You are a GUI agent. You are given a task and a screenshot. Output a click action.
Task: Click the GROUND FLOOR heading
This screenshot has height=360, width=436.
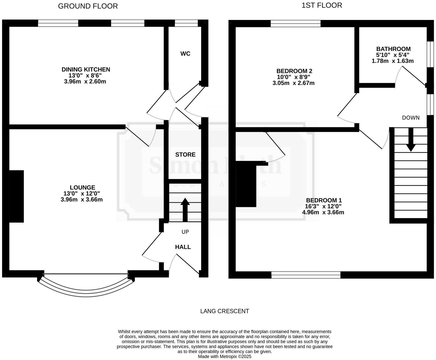click(88, 6)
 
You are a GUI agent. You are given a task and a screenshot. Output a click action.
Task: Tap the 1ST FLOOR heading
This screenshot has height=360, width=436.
click(322, 5)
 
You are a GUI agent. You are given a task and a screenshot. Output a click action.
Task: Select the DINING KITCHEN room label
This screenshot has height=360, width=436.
click(86, 70)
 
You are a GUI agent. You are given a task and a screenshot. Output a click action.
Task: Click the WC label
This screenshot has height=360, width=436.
click(185, 54)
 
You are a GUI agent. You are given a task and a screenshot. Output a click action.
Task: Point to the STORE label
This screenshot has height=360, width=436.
click(185, 155)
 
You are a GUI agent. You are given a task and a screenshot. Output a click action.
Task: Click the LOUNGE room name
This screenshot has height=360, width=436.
click(82, 188)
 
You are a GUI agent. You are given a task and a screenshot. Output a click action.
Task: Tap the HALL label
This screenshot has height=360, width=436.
click(183, 247)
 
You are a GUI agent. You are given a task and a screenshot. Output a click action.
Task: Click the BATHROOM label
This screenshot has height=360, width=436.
click(393, 49)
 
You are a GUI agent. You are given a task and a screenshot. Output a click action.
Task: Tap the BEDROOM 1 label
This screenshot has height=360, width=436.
click(323, 200)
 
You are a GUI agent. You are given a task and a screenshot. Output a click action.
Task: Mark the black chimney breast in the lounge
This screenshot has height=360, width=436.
click(17, 196)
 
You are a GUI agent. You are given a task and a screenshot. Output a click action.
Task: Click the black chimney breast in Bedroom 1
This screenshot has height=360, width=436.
click(246, 184)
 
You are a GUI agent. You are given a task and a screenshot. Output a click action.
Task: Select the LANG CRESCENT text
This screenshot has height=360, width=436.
click(225, 311)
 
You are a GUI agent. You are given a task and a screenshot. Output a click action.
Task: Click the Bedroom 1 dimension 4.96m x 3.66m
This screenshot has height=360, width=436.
click(323, 212)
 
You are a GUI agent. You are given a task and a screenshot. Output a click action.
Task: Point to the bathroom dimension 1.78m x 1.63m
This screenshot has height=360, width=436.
click(392, 61)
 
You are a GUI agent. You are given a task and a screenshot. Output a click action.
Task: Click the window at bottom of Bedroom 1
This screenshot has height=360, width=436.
click(306, 275)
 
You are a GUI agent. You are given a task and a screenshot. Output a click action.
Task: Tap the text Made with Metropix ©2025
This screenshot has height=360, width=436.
click(225, 356)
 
